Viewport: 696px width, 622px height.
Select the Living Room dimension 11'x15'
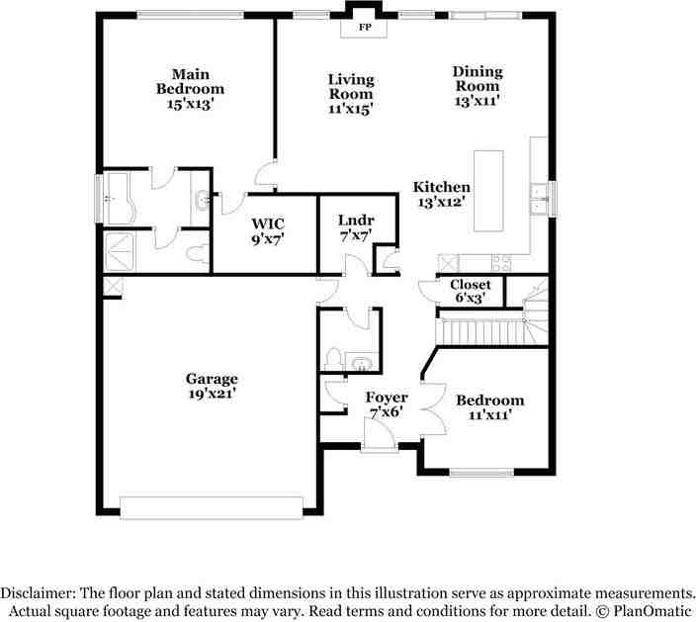coord(351,109)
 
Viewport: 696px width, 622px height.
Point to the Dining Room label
coord(478,78)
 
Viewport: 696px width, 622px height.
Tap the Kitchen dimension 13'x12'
coord(441,201)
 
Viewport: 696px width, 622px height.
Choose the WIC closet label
coord(267,223)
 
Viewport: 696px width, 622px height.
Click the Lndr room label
coord(353,220)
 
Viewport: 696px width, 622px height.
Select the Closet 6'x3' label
coord(470,285)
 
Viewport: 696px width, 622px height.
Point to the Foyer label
coord(387,398)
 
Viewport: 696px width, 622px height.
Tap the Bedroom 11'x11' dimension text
coord(489,415)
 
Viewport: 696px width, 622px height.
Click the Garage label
coord(212,379)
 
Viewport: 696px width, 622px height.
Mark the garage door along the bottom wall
coord(211,506)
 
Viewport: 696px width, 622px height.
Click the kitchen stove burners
coord(499,263)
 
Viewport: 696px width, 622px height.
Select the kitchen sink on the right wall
coord(540,197)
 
